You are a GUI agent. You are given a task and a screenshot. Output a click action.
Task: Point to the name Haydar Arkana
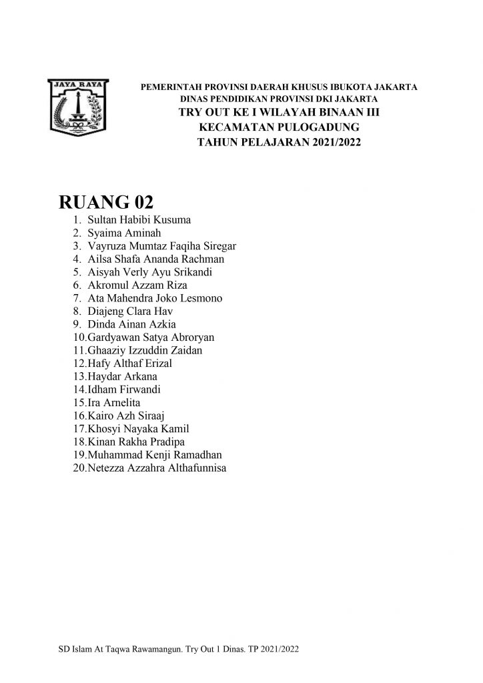tap(122, 376)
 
